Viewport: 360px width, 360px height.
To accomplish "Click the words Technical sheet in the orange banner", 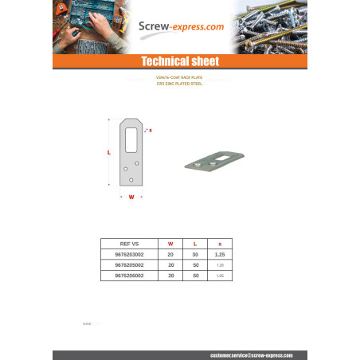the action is [x=179, y=61].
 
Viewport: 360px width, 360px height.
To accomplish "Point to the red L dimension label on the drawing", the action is [x=108, y=151].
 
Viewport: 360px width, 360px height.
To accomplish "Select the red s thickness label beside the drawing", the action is [x=151, y=129].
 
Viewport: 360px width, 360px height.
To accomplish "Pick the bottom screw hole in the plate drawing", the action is [x=131, y=179].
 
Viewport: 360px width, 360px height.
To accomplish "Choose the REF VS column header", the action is [x=128, y=243].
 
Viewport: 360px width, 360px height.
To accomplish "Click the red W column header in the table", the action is [x=170, y=243].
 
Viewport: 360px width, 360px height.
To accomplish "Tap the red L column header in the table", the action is [x=194, y=243].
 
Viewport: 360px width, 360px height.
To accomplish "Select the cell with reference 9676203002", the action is [x=128, y=253].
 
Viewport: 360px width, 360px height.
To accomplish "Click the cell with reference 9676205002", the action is [x=128, y=264].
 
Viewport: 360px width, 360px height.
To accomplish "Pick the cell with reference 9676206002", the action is [x=128, y=274].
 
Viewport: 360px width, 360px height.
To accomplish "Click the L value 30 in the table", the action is [x=194, y=253].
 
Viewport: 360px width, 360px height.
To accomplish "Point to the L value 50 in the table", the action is [x=194, y=264].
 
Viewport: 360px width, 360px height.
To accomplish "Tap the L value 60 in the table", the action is [x=194, y=274].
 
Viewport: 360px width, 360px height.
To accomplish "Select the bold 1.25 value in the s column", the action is [x=220, y=253].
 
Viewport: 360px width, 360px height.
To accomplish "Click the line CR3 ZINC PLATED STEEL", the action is [x=179, y=83].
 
